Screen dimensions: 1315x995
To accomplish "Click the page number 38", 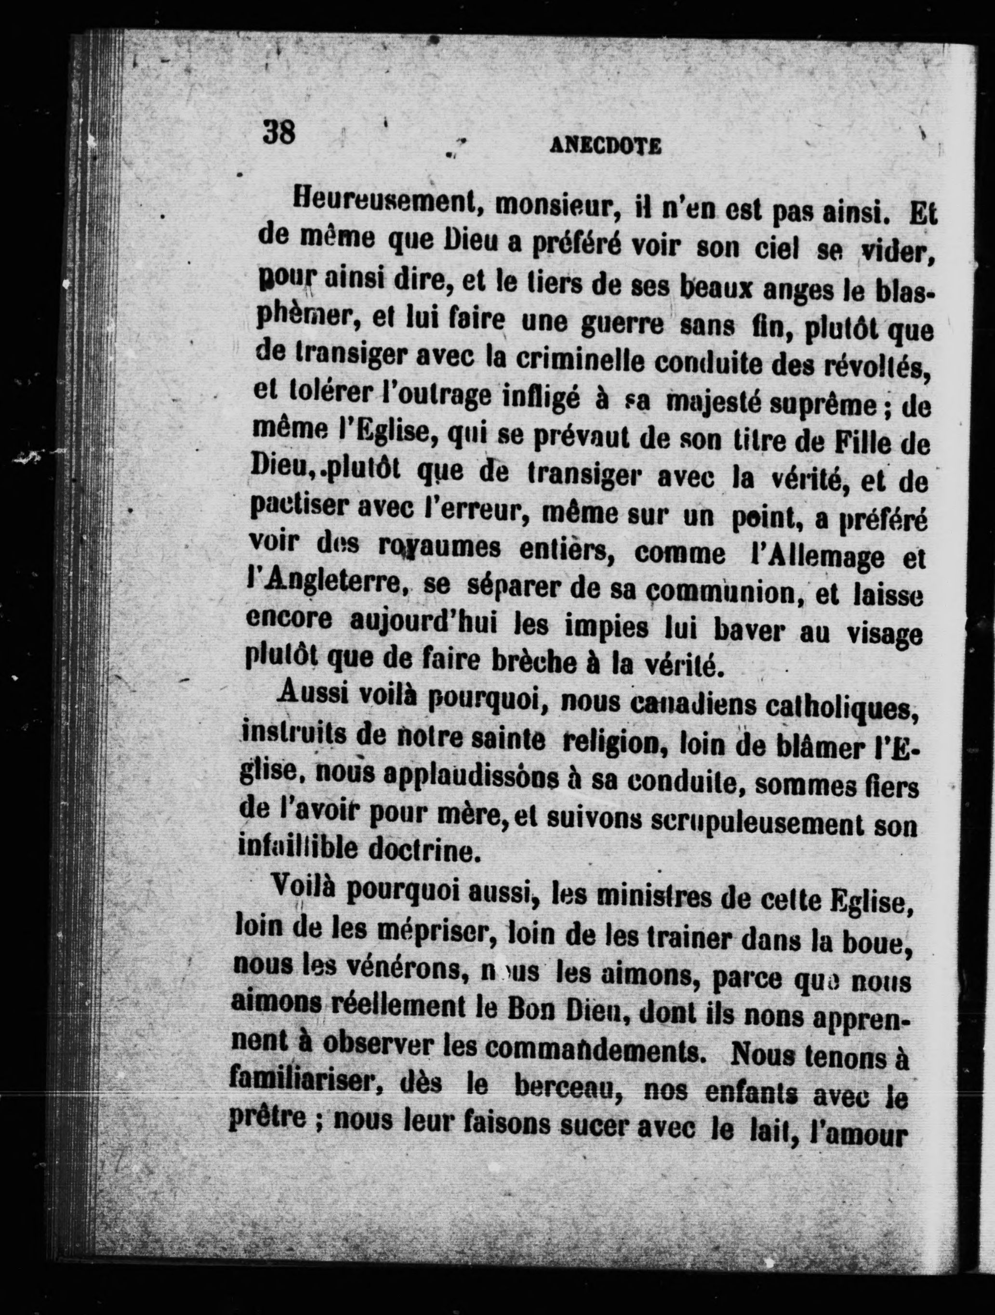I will pos(279,131).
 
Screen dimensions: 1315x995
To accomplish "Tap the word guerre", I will pos(624,327).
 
